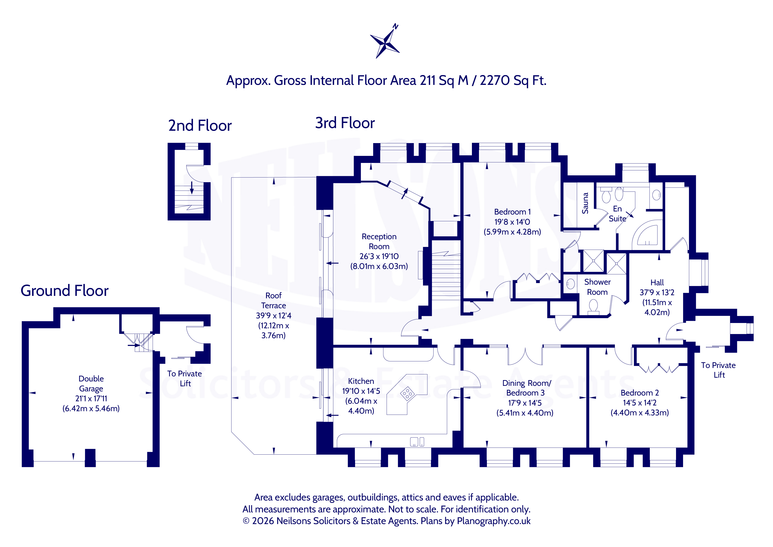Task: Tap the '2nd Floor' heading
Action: click(200, 126)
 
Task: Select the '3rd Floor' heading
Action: click(345, 123)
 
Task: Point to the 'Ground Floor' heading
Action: click(65, 291)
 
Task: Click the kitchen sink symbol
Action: click(417, 442)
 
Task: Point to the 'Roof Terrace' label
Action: click(273, 301)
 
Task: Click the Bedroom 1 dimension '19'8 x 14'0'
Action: click(512, 222)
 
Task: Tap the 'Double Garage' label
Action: click(91, 384)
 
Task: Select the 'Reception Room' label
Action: click(379, 241)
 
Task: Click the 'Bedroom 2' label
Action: click(640, 393)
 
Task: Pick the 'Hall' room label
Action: click(657, 283)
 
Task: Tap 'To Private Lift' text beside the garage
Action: click(184, 379)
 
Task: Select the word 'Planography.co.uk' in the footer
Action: click(494, 521)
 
